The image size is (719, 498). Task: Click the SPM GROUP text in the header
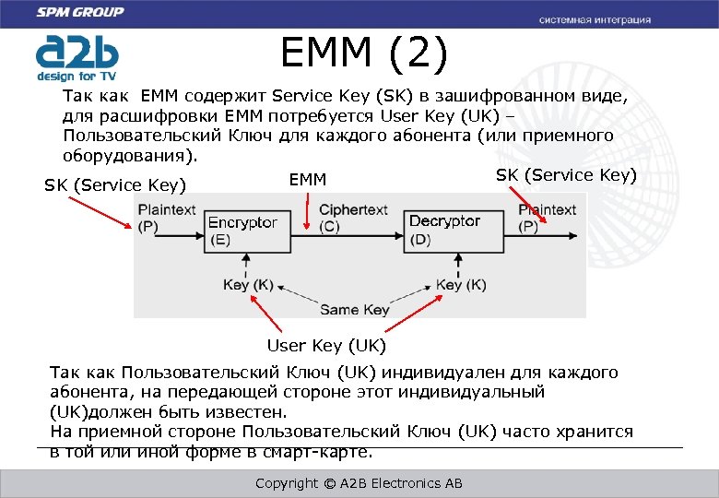point(79,13)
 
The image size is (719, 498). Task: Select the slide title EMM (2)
point(365,54)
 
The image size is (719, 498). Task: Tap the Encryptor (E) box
point(242,231)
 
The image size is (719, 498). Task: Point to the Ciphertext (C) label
point(353,218)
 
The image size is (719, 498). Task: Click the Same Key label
point(354,310)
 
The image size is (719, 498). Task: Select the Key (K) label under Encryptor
point(247,285)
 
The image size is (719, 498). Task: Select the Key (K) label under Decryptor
point(461,285)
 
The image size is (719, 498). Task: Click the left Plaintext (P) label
point(167,218)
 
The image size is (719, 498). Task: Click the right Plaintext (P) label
point(547,218)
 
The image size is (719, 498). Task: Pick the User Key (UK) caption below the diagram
point(326,346)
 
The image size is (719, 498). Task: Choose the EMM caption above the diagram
point(308,179)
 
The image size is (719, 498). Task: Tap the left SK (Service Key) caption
point(115,185)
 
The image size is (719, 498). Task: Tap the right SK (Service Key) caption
point(566,175)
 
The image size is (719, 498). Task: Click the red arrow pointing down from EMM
point(308,209)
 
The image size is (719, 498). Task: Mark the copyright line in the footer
point(359,483)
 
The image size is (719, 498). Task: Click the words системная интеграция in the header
point(595,19)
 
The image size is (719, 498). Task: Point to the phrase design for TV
point(78,76)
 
